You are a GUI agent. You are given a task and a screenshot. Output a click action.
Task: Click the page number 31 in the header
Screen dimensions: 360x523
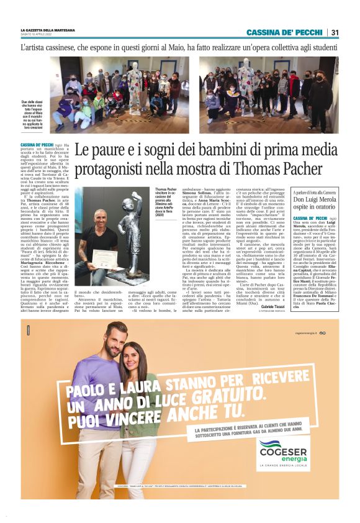coord(335,32)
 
